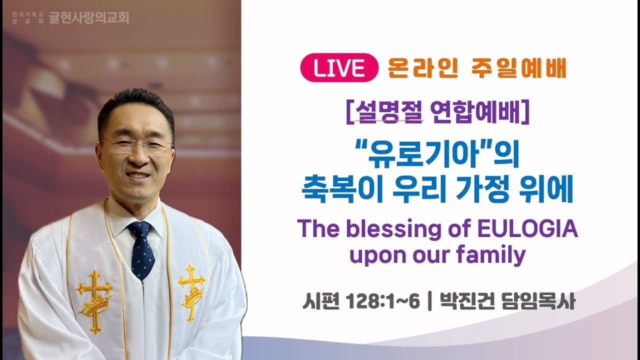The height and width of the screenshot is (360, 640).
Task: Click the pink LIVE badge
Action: click(x=339, y=67)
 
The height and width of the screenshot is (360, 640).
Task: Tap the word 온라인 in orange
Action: click(x=423, y=67)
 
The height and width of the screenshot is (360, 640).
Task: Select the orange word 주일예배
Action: click(x=518, y=67)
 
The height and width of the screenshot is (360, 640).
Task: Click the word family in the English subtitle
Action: click(x=490, y=255)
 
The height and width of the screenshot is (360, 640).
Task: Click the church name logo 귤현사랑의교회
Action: click(x=89, y=18)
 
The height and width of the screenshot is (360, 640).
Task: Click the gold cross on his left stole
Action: click(x=191, y=292)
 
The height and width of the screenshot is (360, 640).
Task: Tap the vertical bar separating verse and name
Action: click(x=429, y=302)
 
